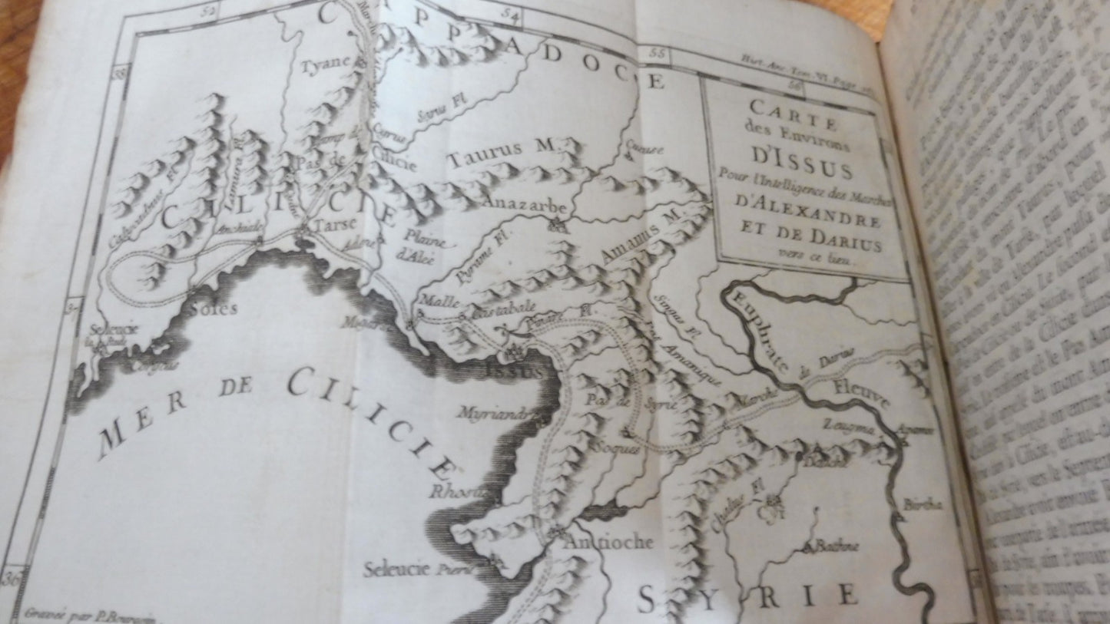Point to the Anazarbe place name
(525, 207)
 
